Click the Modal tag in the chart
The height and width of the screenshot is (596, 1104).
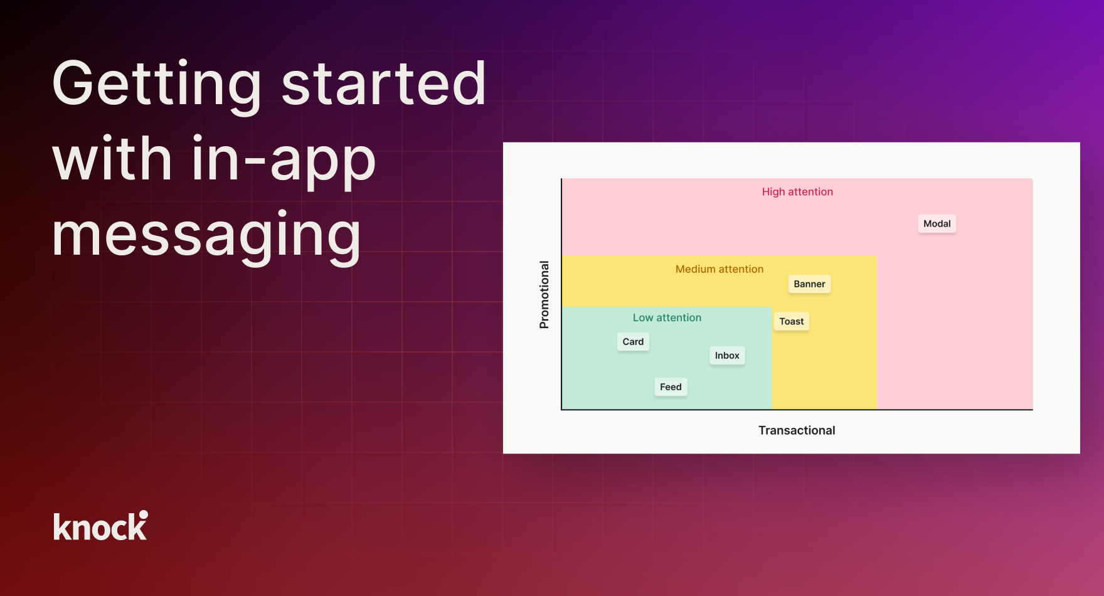(937, 224)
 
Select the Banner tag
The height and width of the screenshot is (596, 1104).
(809, 284)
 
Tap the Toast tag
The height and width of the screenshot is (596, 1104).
(792, 321)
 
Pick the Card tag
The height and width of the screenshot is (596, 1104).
(633, 342)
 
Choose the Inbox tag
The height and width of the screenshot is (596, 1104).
(727, 356)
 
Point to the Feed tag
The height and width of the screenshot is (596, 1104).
(671, 387)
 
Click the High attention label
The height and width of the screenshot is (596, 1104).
(797, 192)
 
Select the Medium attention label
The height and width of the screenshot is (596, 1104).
(719, 269)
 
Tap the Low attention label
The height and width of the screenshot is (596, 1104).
(667, 318)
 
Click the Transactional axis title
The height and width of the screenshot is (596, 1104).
(797, 430)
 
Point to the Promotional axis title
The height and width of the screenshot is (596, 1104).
(544, 294)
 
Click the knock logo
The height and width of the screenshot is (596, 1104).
(100, 526)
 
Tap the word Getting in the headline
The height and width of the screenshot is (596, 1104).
(157, 85)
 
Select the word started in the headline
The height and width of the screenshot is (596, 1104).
(383, 83)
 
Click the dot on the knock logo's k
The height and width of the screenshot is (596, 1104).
(144, 515)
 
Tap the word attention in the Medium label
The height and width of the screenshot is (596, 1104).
(741, 269)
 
